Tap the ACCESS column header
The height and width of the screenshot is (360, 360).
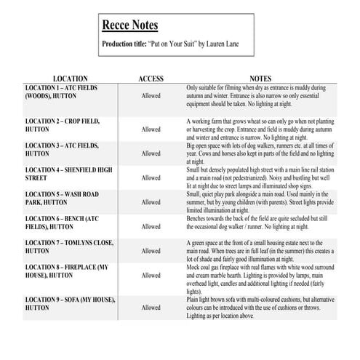click(151, 79)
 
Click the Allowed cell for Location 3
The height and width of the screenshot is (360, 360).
click(151, 153)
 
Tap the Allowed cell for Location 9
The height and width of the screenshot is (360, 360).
click(151, 308)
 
